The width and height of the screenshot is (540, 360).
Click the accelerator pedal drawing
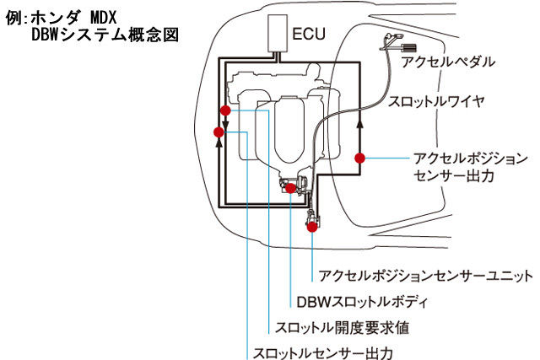click(396, 43)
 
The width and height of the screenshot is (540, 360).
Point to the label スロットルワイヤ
click(435, 101)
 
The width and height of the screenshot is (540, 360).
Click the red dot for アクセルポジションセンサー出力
click(359, 157)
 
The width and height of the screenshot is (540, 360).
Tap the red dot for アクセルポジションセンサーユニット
click(312, 226)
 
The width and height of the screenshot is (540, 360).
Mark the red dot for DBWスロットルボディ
click(291, 188)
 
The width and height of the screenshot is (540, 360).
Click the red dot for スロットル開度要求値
click(224, 110)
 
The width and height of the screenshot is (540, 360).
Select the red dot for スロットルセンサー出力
click(219, 132)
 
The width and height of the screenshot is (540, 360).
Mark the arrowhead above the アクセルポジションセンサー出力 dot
click(359, 122)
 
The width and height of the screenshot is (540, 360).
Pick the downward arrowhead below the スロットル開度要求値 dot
click(224, 128)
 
